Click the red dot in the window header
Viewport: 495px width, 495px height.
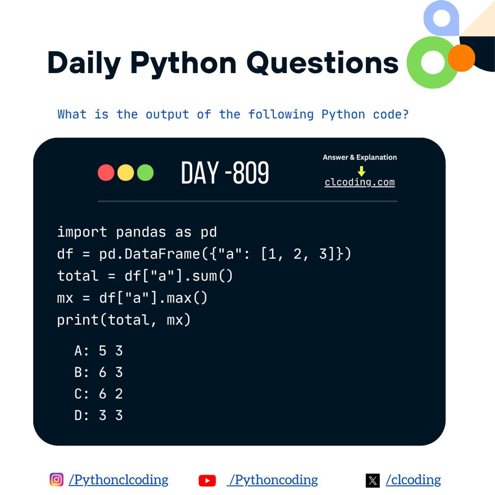coord(106,172)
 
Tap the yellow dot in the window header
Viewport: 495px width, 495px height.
coord(126,172)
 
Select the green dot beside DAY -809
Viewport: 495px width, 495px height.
coord(145,172)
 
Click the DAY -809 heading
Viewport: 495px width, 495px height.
coord(225,172)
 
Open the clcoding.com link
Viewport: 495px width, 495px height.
coord(360,182)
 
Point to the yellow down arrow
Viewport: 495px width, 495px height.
coord(361,171)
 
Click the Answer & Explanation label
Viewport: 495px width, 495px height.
coord(360,157)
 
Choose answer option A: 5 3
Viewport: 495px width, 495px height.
coord(99,351)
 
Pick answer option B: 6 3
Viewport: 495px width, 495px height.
coord(99,372)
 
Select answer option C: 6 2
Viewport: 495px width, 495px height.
coord(99,394)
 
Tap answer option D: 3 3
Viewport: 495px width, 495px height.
coord(99,415)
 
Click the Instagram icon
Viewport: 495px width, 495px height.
coord(57,479)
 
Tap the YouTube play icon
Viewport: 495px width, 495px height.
coord(207,481)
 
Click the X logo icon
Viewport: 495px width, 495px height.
coord(372,481)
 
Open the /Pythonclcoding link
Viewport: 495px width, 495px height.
coord(118,480)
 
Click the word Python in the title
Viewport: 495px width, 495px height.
coord(183,64)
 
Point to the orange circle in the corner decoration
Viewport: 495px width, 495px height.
coord(461,58)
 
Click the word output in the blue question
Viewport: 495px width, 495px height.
coord(167,114)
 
